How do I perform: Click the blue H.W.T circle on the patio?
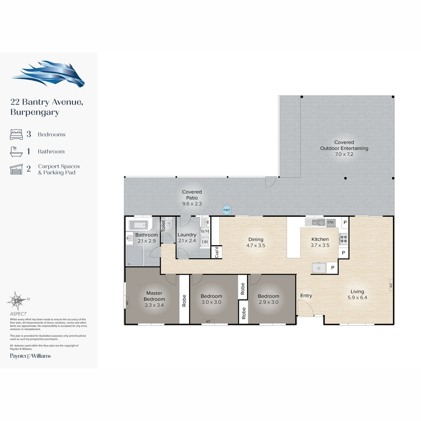coord(227,210)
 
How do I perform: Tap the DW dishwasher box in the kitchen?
coord(331,222)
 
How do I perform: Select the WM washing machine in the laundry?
coord(205,231)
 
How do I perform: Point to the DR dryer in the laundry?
coord(205,242)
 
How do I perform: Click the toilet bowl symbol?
coord(169,223)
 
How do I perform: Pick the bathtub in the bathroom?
coord(139,225)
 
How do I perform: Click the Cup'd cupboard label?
coord(216,252)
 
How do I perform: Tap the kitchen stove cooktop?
coord(343,239)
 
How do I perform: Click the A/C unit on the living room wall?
coord(391,285)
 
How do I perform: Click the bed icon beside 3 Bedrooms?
coord(16,134)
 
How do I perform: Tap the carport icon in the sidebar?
coord(16,169)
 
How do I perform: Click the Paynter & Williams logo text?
coord(31,356)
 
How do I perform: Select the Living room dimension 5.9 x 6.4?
coord(357,298)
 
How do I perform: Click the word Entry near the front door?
coord(306,296)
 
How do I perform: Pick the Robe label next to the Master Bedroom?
coord(184,301)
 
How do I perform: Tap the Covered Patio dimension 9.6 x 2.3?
coord(192,203)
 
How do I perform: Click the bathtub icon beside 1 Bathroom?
coord(16,152)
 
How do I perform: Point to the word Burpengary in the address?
coord(35,112)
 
